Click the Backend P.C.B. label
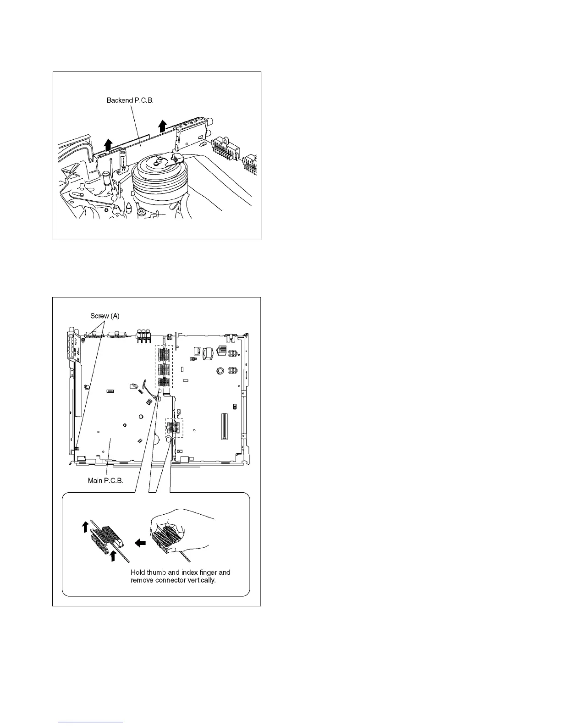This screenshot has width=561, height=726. coord(130,100)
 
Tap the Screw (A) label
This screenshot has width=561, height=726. coord(105,316)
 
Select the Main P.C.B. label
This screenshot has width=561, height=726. coord(105,481)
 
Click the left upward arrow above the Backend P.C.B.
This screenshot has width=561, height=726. coord(108,144)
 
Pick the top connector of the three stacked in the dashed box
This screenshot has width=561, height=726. coord(164,354)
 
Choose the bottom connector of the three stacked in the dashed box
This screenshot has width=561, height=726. coord(164,383)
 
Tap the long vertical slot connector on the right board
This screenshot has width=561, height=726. coord(224,426)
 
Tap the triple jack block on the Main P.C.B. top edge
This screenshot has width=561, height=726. coord(144,336)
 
